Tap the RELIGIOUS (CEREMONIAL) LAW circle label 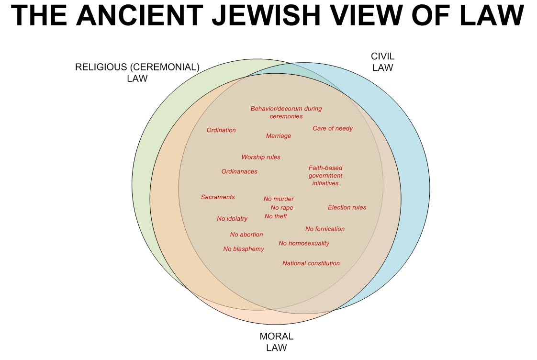137,72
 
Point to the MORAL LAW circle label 276,341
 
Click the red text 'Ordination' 221,130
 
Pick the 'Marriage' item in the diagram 279,136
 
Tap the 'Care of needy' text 333,128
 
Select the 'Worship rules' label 261,157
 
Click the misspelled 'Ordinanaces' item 239,171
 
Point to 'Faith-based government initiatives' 325,175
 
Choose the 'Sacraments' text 218,197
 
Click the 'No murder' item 279,199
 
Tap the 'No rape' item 282,208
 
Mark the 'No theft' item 276,216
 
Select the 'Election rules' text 347,207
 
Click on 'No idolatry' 232,219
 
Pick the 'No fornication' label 325,229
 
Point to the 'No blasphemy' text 244,249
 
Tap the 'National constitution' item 311,263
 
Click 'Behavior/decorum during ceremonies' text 286,112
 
